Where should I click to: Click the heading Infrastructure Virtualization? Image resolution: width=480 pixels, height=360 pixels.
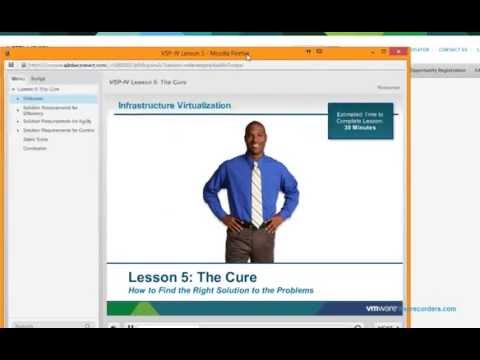point(174,105)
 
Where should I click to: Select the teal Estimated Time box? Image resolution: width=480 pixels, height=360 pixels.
point(360,121)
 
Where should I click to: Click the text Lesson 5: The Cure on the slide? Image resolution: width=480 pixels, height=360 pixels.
point(192,276)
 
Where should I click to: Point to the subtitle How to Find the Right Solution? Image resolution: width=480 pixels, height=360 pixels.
point(220,290)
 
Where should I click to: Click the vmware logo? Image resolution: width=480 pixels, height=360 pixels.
point(383,308)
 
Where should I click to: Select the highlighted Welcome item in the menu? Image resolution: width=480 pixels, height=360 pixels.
point(34,98)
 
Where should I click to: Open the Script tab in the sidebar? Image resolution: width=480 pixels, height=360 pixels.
point(38,78)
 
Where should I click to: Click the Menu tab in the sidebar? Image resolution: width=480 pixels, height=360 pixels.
point(18,78)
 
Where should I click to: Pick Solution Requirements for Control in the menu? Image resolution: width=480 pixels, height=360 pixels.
point(58,130)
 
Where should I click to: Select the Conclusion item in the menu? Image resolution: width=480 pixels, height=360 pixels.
point(35,148)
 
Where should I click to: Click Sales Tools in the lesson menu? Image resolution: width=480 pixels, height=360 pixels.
point(35,139)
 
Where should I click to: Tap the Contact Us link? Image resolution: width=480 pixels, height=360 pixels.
point(452,50)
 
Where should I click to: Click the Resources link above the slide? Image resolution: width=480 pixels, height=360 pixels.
point(388,87)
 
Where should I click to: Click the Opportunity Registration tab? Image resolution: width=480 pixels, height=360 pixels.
point(438,70)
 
